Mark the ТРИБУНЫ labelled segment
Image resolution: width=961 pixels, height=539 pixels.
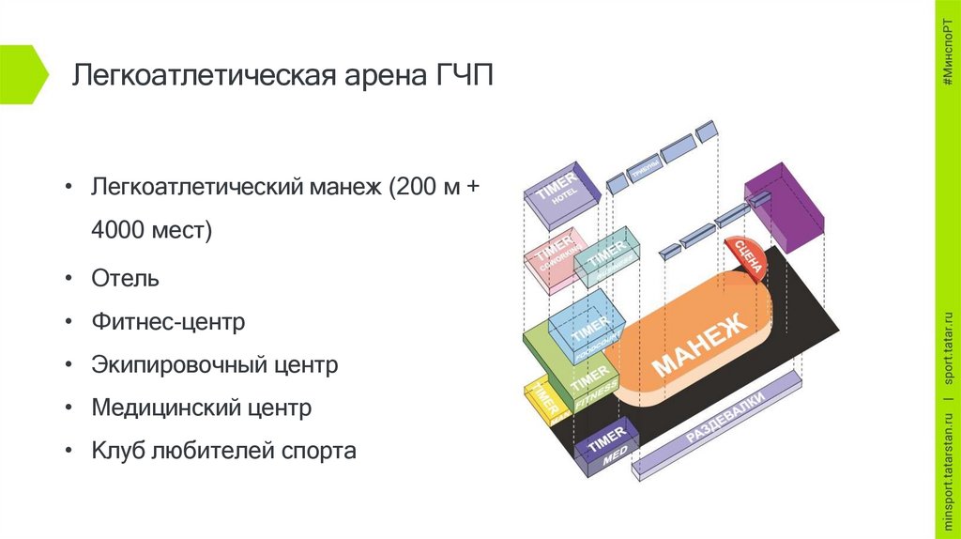643,169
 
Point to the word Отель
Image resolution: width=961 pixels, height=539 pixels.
125,278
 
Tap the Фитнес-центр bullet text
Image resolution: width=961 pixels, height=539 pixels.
168,322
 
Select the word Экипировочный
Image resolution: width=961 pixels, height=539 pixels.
175,364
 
